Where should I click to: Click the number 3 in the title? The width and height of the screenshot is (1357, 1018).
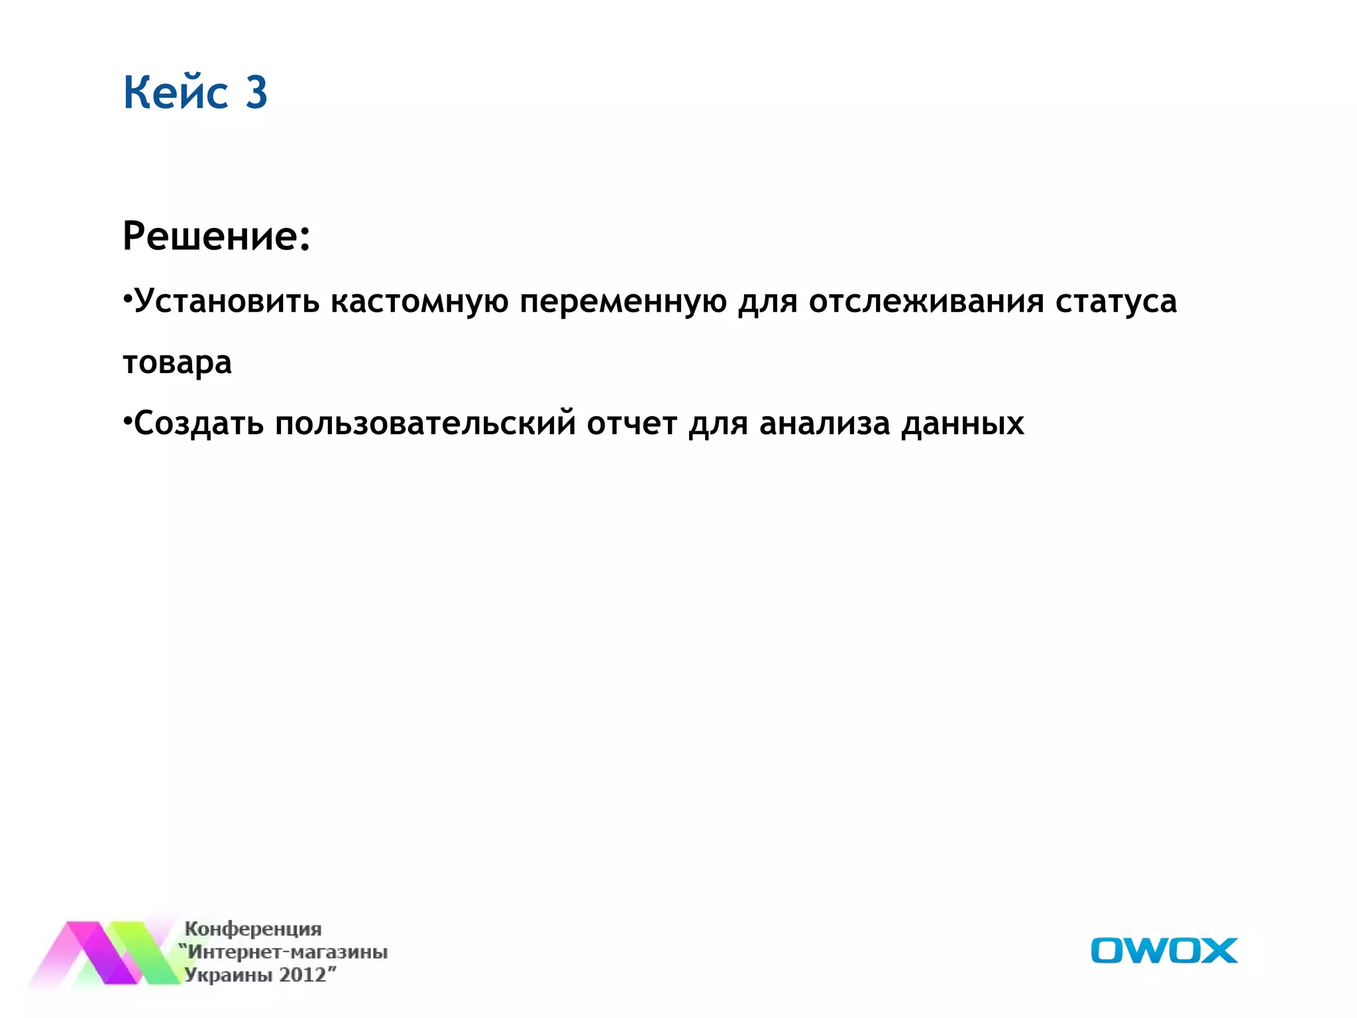pos(256,92)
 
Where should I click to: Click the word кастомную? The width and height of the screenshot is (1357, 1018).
pos(419,302)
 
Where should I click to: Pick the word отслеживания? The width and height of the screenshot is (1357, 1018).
pos(926,302)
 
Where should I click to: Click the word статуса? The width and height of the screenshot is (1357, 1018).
pos(1116,302)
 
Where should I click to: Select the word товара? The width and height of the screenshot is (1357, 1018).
pos(178,363)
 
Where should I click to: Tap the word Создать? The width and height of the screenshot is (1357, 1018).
pos(199,424)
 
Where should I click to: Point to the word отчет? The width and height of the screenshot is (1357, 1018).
pos(631,424)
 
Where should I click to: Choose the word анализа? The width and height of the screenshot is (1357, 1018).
pos(824,424)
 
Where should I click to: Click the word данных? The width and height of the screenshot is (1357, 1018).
pos(962,424)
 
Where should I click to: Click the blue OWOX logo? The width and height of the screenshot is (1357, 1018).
pos(1164,950)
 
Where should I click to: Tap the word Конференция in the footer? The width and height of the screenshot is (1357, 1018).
pos(253,929)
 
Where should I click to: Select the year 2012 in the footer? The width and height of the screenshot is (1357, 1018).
pos(303,975)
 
